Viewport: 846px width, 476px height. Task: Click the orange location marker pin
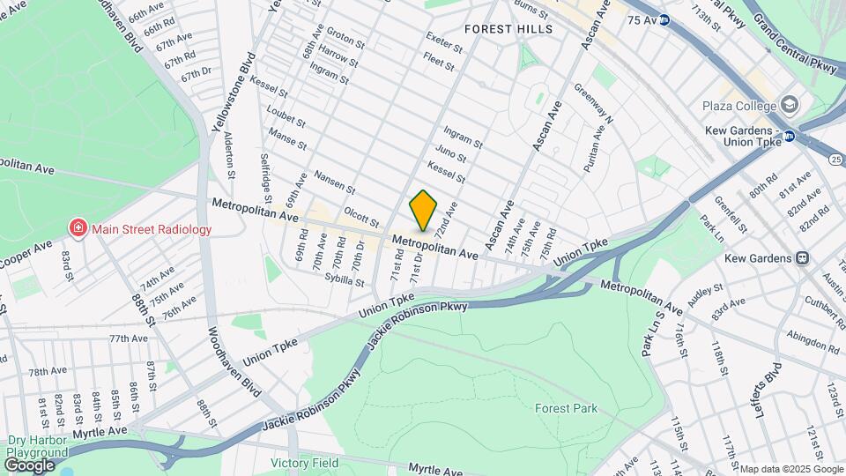pyautogui.click(x=423, y=210)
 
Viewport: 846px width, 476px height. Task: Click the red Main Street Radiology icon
pyautogui.click(x=78, y=229)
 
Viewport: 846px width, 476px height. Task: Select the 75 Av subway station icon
pyautogui.click(x=664, y=19)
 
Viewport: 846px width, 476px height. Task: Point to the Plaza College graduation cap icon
pyautogui.click(x=788, y=106)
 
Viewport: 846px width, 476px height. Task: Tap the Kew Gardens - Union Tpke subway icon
pyautogui.click(x=790, y=136)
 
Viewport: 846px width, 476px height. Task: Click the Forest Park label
pyautogui.click(x=566, y=408)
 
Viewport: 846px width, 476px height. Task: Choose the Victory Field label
pyautogui.click(x=305, y=463)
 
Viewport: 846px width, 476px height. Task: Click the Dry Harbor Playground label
pyautogui.click(x=37, y=446)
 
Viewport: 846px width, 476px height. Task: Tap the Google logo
pyautogui.click(x=29, y=465)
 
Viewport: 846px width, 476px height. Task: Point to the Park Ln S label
pyautogui.click(x=651, y=332)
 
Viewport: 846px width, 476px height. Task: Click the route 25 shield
pyautogui.click(x=835, y=159)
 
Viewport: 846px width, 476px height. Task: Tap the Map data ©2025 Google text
pyautogui.click(x=790, y=469)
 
